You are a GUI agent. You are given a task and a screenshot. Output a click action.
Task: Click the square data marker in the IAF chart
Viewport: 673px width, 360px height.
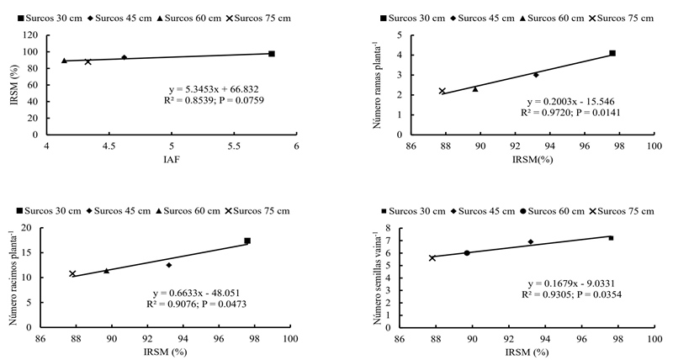(272, 54)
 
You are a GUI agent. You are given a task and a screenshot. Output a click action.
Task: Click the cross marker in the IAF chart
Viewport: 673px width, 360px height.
(87, 61)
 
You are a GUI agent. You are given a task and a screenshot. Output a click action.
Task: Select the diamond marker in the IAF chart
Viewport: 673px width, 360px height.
(124, 58)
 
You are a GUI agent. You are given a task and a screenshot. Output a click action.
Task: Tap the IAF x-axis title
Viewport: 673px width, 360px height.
(171, 159)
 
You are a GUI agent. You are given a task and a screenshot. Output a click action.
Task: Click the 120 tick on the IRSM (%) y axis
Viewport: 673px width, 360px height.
(30, 35)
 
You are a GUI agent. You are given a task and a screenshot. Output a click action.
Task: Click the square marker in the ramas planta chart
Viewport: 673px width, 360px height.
(612, 53)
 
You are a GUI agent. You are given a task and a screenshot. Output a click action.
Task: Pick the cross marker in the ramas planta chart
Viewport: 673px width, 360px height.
(442, 91)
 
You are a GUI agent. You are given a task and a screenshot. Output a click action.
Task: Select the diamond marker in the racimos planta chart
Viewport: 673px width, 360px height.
(169, 265)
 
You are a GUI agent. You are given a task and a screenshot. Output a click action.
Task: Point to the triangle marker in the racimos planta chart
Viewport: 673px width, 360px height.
(106, 271)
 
